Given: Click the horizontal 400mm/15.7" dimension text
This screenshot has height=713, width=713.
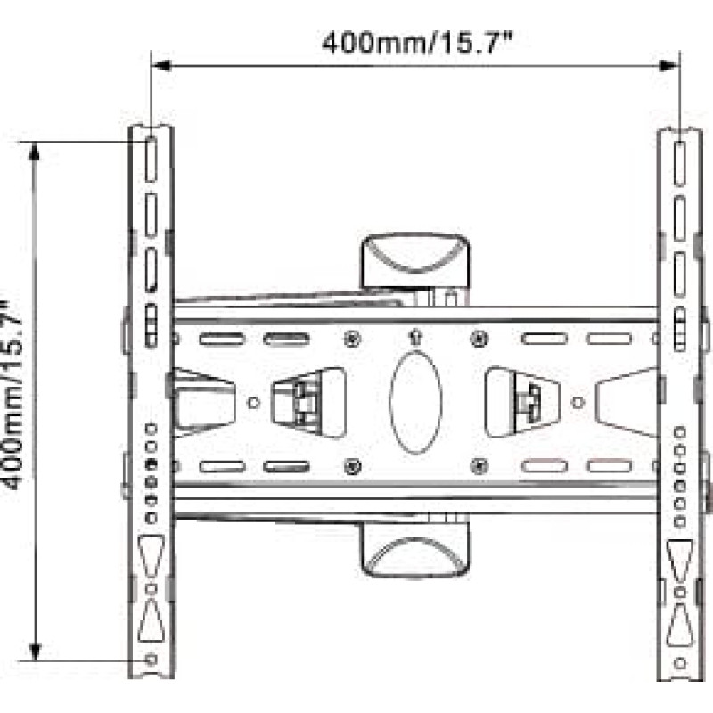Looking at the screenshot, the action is (x=417, y=43).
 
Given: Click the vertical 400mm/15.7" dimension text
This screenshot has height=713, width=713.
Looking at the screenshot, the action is (x=12, y=395).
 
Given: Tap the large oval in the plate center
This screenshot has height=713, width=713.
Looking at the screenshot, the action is (x=415, y=402).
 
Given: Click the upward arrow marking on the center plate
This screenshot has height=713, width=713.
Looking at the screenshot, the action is (x=415, y=337).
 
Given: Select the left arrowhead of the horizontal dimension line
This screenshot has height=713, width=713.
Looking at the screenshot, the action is (x=161, y=66).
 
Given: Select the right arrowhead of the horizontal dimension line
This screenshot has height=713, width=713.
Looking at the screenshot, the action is (x=669, y=66).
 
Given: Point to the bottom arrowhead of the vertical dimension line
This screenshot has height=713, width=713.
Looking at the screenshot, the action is (x=35, y=651).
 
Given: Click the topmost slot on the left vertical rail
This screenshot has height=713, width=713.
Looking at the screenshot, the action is (x=151, y=160).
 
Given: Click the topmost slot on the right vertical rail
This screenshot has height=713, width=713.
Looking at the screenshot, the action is (x=679, y=164).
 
